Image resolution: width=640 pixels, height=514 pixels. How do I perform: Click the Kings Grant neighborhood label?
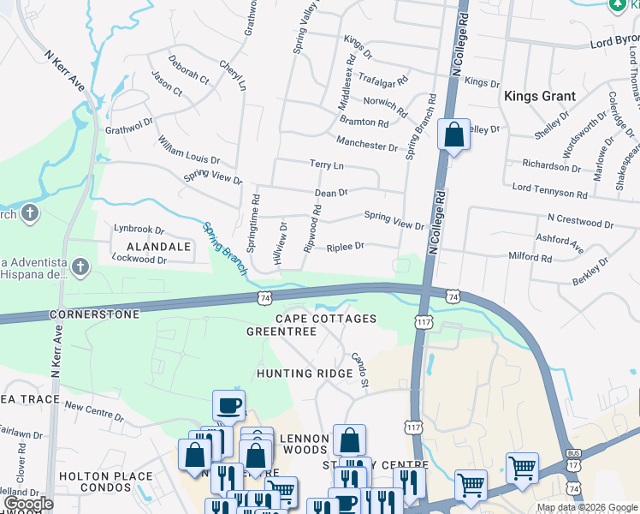pyautogui.click(x=539, y=96)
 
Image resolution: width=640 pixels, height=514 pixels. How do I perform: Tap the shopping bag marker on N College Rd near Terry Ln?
pyautogui.click(x=453, y=135)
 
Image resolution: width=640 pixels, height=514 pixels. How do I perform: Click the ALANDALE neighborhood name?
pyautogui.click(x=152, y=246)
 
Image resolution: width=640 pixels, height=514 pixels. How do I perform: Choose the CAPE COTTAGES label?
pyautogui.click(x=326, y=319)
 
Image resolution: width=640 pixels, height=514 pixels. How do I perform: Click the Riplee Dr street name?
pyautogui.click(x=346, y=247)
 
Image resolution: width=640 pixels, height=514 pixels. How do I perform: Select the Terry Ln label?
pyautogui.click(x=326, y=164)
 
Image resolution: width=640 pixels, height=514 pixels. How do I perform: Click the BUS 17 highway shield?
pyautogui.click(x=572, y=453)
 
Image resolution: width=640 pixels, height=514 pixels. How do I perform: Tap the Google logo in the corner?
pyautogui.click(x=28, y=504)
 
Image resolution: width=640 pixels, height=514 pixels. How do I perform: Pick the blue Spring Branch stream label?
pyautogui.click(x=225, y=248)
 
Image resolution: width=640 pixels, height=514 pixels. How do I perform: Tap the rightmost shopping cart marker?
pyautogui.click(x=522, y=468)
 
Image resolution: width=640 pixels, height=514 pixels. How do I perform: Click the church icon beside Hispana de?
pyautogui.click(x=81, y=266)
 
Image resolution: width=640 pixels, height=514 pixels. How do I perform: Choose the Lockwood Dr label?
pyautogui.click(x=139, y=258)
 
